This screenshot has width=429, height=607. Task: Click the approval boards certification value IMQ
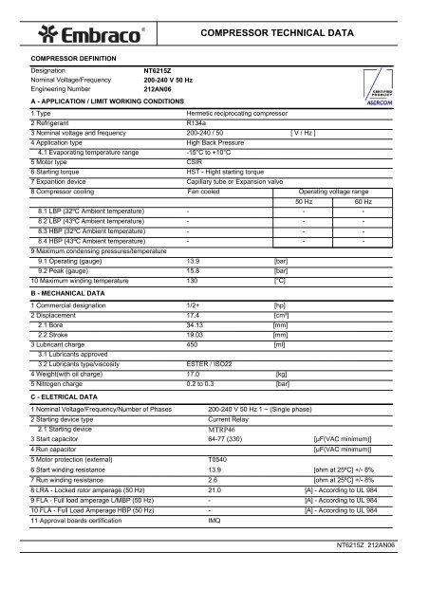point(214,521)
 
